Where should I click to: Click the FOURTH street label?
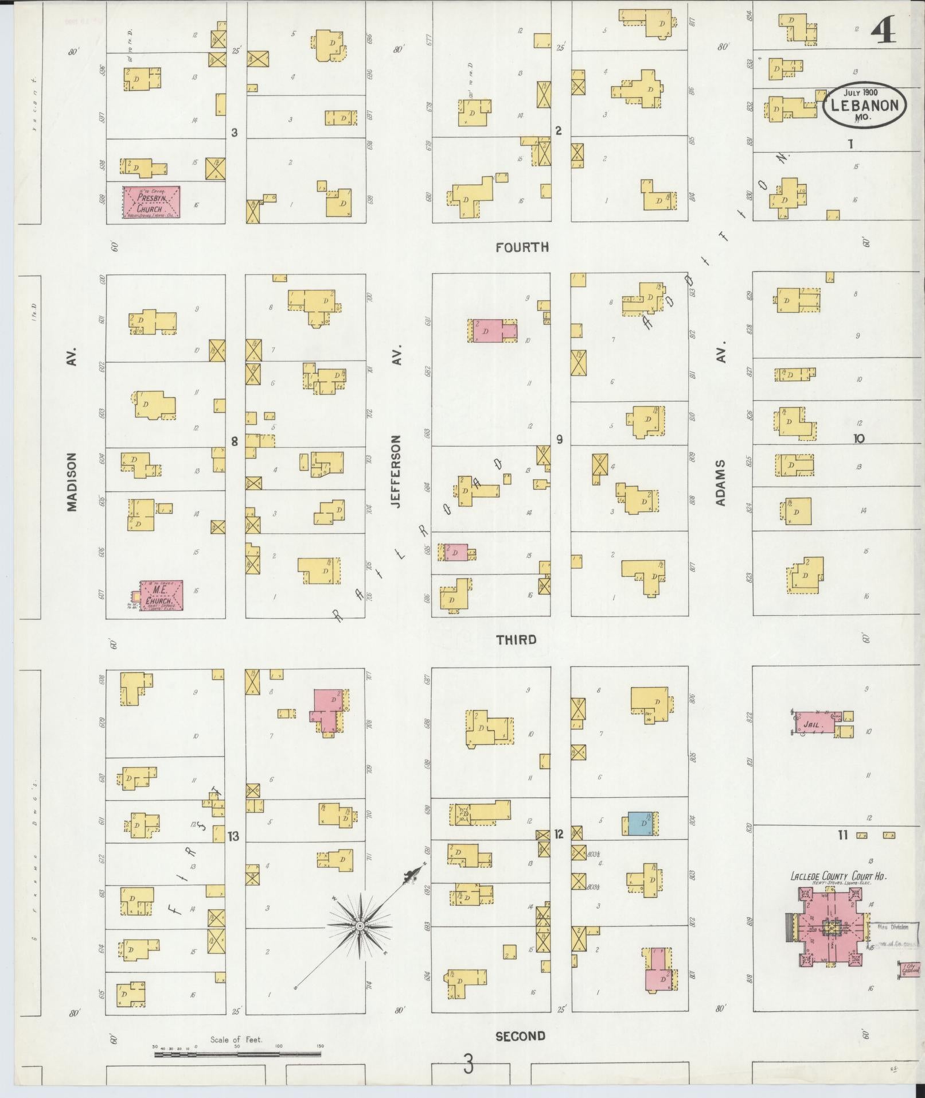point(522,247)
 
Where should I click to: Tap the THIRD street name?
point(516,639)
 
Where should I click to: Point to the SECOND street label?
point(520,1036)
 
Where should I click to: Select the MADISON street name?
point(72,482)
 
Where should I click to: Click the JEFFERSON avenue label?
point(396,471)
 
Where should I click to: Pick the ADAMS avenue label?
point(721,482)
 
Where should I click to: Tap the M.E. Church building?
point(157,595)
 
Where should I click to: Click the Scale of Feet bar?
point(237,1054)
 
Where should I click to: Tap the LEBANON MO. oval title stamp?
point(865,105)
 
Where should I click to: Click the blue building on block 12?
point(640,824)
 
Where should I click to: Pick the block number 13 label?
point(233,836)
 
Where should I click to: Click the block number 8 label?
point(234,441)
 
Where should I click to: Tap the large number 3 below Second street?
point(469,1066)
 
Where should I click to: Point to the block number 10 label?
point(858,439)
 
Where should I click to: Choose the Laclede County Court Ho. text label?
point(839,876)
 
